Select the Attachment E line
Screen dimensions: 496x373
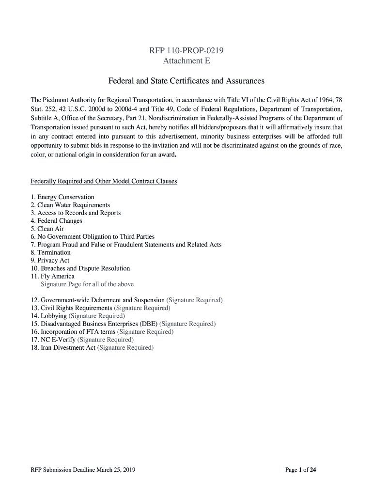tap(186, 61)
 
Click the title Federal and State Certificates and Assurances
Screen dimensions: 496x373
tap(186, 80)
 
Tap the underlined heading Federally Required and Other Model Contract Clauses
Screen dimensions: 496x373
tap(104, 181)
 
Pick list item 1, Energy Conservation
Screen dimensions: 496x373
tap(62, 197)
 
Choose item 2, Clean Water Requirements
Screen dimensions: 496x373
tap(70, 205)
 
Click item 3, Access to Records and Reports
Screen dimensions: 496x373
tap(76, 213)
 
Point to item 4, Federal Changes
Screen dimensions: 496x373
tap(56, 221)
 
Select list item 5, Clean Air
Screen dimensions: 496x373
tap(47, 229)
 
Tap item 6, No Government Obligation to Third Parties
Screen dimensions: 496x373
tap(93, 236)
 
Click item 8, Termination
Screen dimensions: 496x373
tap(50, 252)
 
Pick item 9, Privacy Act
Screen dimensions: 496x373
tap(50, 260)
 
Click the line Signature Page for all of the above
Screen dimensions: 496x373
tap(87, 284)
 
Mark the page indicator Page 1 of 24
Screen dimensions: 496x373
tap(301, 469)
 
